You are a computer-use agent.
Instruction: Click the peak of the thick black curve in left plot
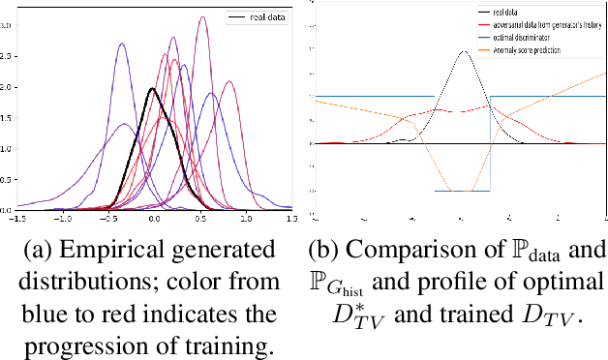coord(152,88)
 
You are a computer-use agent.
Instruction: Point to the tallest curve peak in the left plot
coord(201,17)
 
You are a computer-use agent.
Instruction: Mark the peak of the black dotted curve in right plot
coord(463,51)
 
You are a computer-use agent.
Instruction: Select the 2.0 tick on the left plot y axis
coord(8,87)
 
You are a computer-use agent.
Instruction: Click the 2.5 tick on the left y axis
coord(8,56)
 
